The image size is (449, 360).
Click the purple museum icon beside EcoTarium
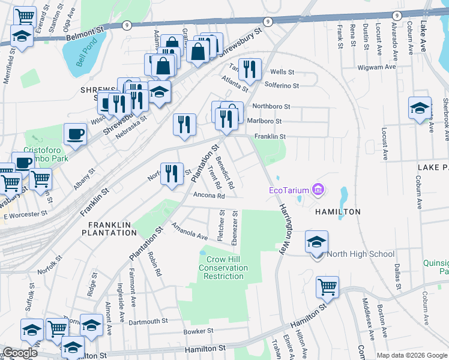coord(318,191)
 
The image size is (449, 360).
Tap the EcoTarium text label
coord(289,191)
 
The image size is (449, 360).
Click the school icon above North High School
coord(316,242)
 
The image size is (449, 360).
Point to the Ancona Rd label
coord(209,196)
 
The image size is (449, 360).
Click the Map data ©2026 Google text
coord(411,355)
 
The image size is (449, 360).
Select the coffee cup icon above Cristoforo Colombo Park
coord(76,134)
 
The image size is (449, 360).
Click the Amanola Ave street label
coord(189,231)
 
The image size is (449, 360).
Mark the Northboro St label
coord(271,106)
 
